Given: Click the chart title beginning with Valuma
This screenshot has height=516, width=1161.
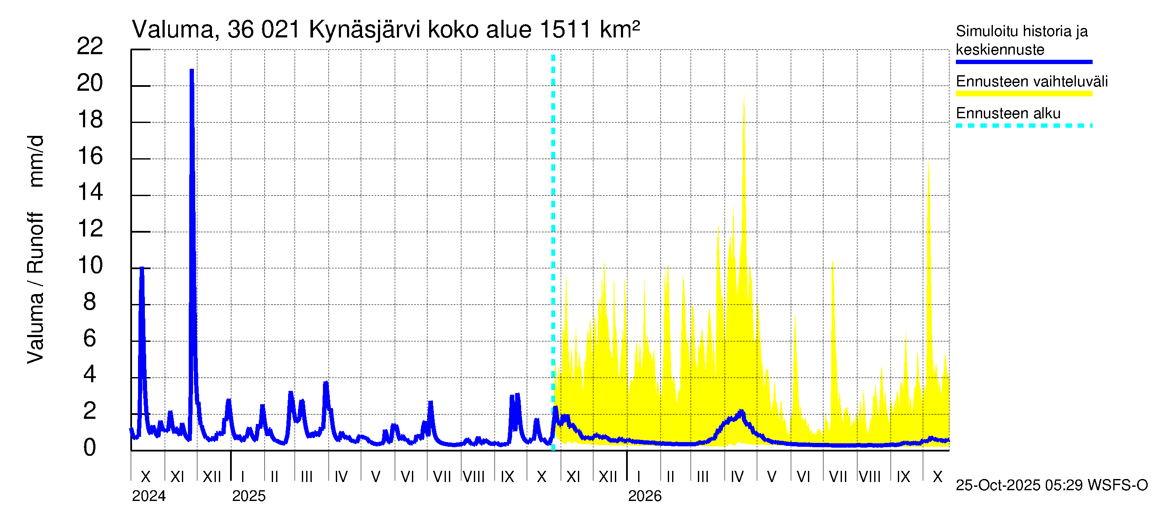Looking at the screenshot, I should pyautogui.click(x=385, y=30).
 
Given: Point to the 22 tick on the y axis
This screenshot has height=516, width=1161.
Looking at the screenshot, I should pyautogui.click(x=90, y=46).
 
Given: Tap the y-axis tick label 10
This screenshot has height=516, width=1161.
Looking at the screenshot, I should pyautogui.click(x=90, y=265).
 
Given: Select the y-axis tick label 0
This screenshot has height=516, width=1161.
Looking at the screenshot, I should pyautogui.click(x=90, y=448).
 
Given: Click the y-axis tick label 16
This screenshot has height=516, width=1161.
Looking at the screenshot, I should pyautogui.click(x=90, y=156).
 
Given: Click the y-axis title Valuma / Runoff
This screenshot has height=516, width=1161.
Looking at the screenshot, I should pyautogui.click(x=35, y=289).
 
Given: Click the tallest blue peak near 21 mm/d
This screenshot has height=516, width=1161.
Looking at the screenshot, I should pyautogui.click(x=191, y=71).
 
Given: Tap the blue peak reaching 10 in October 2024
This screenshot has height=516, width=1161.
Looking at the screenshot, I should pyautogui.click(x=141, y=269).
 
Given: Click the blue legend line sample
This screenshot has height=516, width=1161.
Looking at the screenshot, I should pyautogui.click(x=1023, y=62).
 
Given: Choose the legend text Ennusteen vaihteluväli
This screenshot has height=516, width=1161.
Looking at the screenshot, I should pyautogui.click(x=1032, y=82).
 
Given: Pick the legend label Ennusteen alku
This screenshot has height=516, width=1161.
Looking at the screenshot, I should pyautogui.click(x=1008, y=113).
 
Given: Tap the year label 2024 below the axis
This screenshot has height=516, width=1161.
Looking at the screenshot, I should pyautogui.click(x=149, y=496).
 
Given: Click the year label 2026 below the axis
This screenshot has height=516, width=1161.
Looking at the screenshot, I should pyautogui.click(x=645, y=496).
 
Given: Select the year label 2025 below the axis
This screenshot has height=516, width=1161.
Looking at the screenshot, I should pyautogui.click(x=249, y=496).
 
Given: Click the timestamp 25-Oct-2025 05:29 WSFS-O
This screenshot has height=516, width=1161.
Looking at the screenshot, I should pyautogui.click(x=1051, y=485).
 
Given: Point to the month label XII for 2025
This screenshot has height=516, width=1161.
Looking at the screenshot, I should pyautogui.click(x=608, y=477).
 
